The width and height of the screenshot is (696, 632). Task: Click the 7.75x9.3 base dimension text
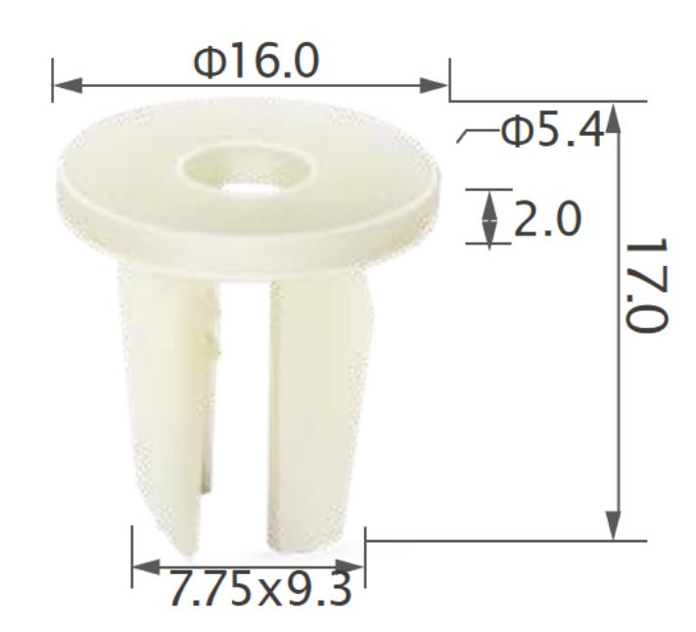coord(259,589)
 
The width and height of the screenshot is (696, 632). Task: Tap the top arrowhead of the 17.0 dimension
coord(614,118)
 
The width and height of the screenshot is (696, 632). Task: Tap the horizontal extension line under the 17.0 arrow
coord(489,539)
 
